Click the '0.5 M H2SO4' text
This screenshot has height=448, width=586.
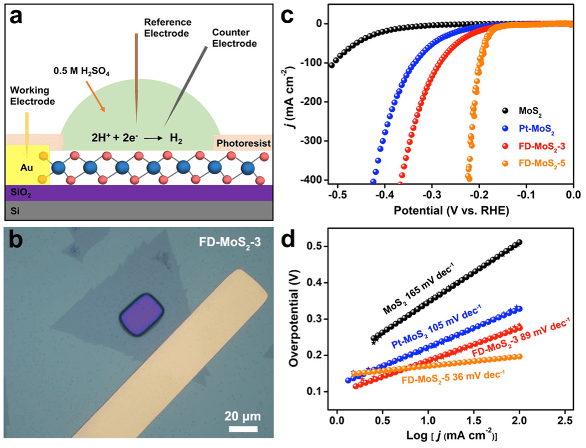coord(88,70)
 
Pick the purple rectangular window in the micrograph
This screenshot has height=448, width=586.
coord(142,316)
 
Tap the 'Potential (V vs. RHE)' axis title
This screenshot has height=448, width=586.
coord(448,211)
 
